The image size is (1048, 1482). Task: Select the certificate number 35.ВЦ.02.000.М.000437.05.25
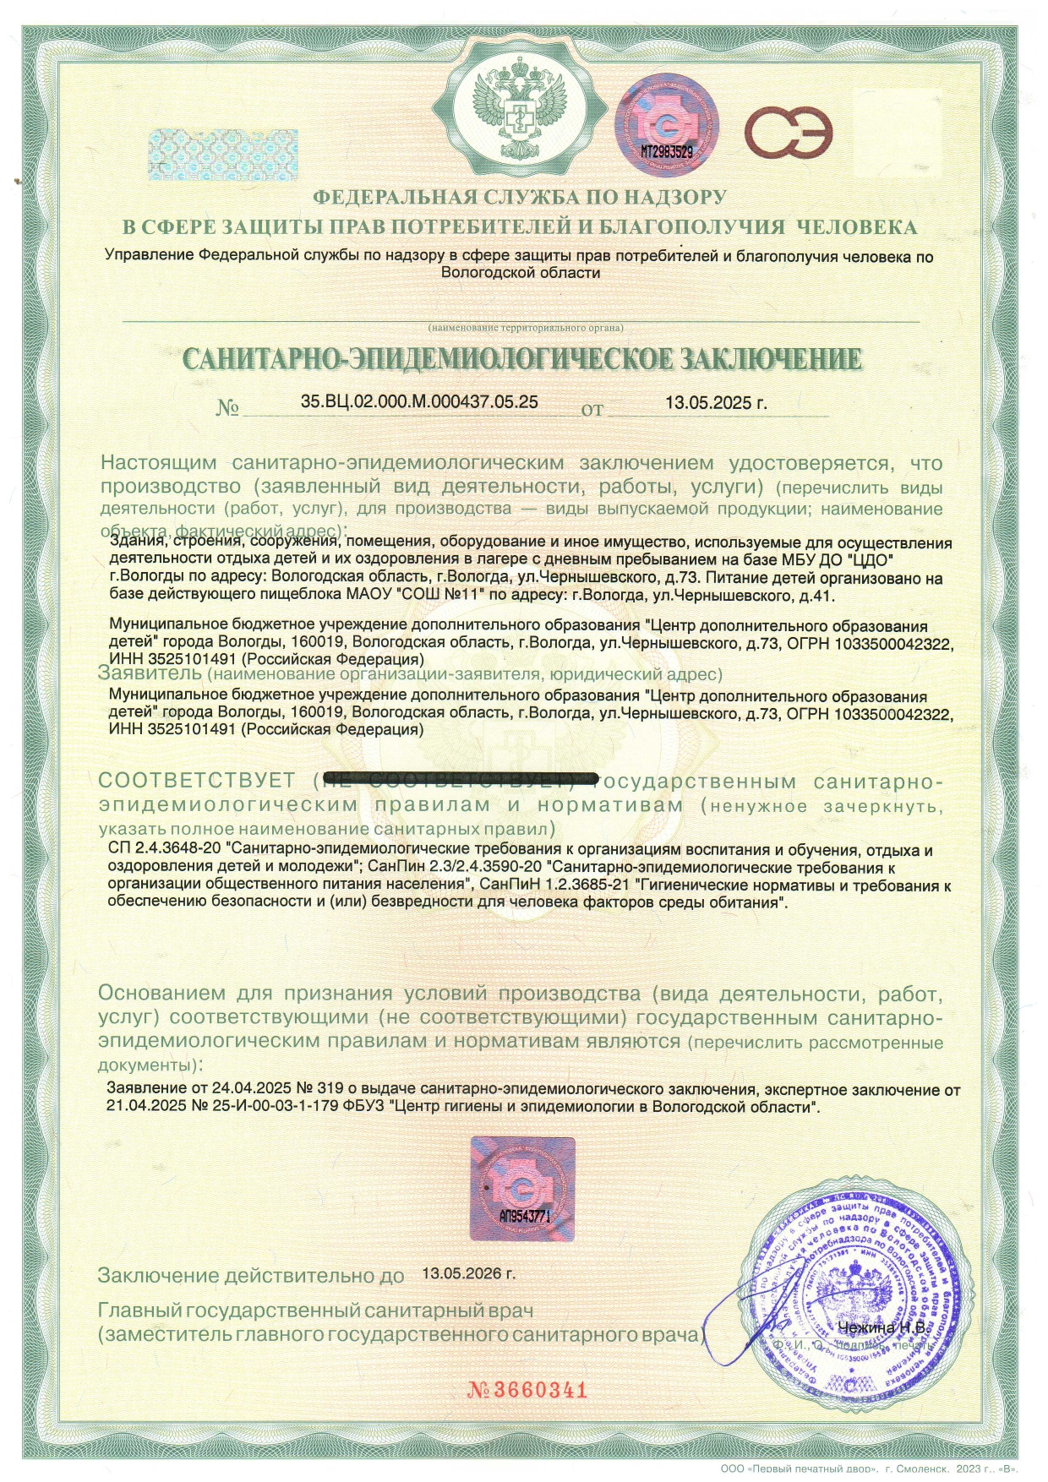(419, 402)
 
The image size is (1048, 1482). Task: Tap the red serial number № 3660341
(527, 1390)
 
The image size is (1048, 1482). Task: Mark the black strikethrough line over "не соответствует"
(461, 777)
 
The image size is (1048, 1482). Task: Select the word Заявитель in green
(149, 674)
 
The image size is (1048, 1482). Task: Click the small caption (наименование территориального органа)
(525, 327)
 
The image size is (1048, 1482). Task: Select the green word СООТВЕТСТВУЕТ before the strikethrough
(197, 780)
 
